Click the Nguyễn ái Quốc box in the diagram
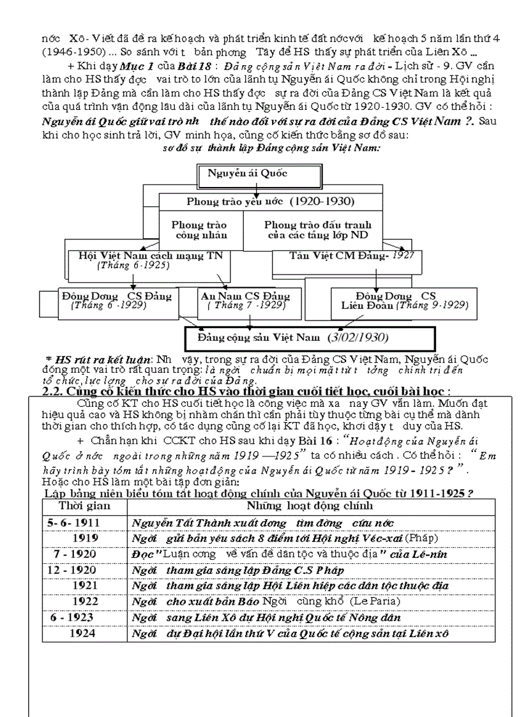pyautogui.click(x=248, y=173)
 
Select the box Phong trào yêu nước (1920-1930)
pyautogui.click(x=271, y=201)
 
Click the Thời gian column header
pyautogui.click(x=85, y=506)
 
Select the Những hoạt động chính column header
pyautogui.click(x=301, y=506)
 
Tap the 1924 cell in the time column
pyautogui.click(x=82, y=633)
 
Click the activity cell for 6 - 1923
pyautogui.click(x=266, y=617)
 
